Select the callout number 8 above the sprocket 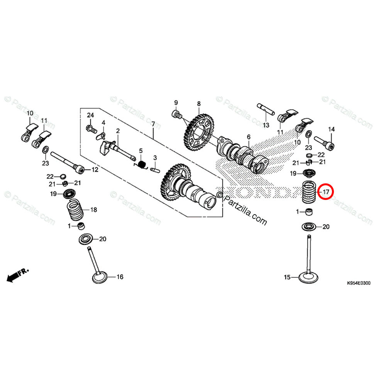(199, 104)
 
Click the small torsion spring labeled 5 (142, 165)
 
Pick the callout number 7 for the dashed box (153, 124)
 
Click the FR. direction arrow (15, 275)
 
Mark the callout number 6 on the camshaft (249, 137)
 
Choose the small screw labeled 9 (178, 114)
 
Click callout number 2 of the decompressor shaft (118, 131)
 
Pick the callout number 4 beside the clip (103, 123)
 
